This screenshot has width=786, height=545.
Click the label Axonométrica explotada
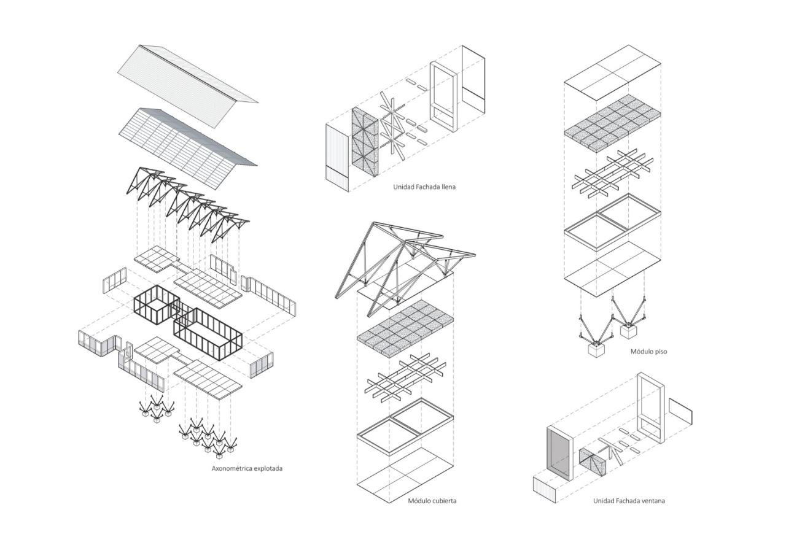[247, 468]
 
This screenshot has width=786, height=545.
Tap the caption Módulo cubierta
[432, 501]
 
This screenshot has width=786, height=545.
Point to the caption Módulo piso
[648, 352]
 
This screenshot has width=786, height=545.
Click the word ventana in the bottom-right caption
[652, 501]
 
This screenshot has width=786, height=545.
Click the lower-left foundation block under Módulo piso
[595, 352]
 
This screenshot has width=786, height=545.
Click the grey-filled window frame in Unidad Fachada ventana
[559, 452]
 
